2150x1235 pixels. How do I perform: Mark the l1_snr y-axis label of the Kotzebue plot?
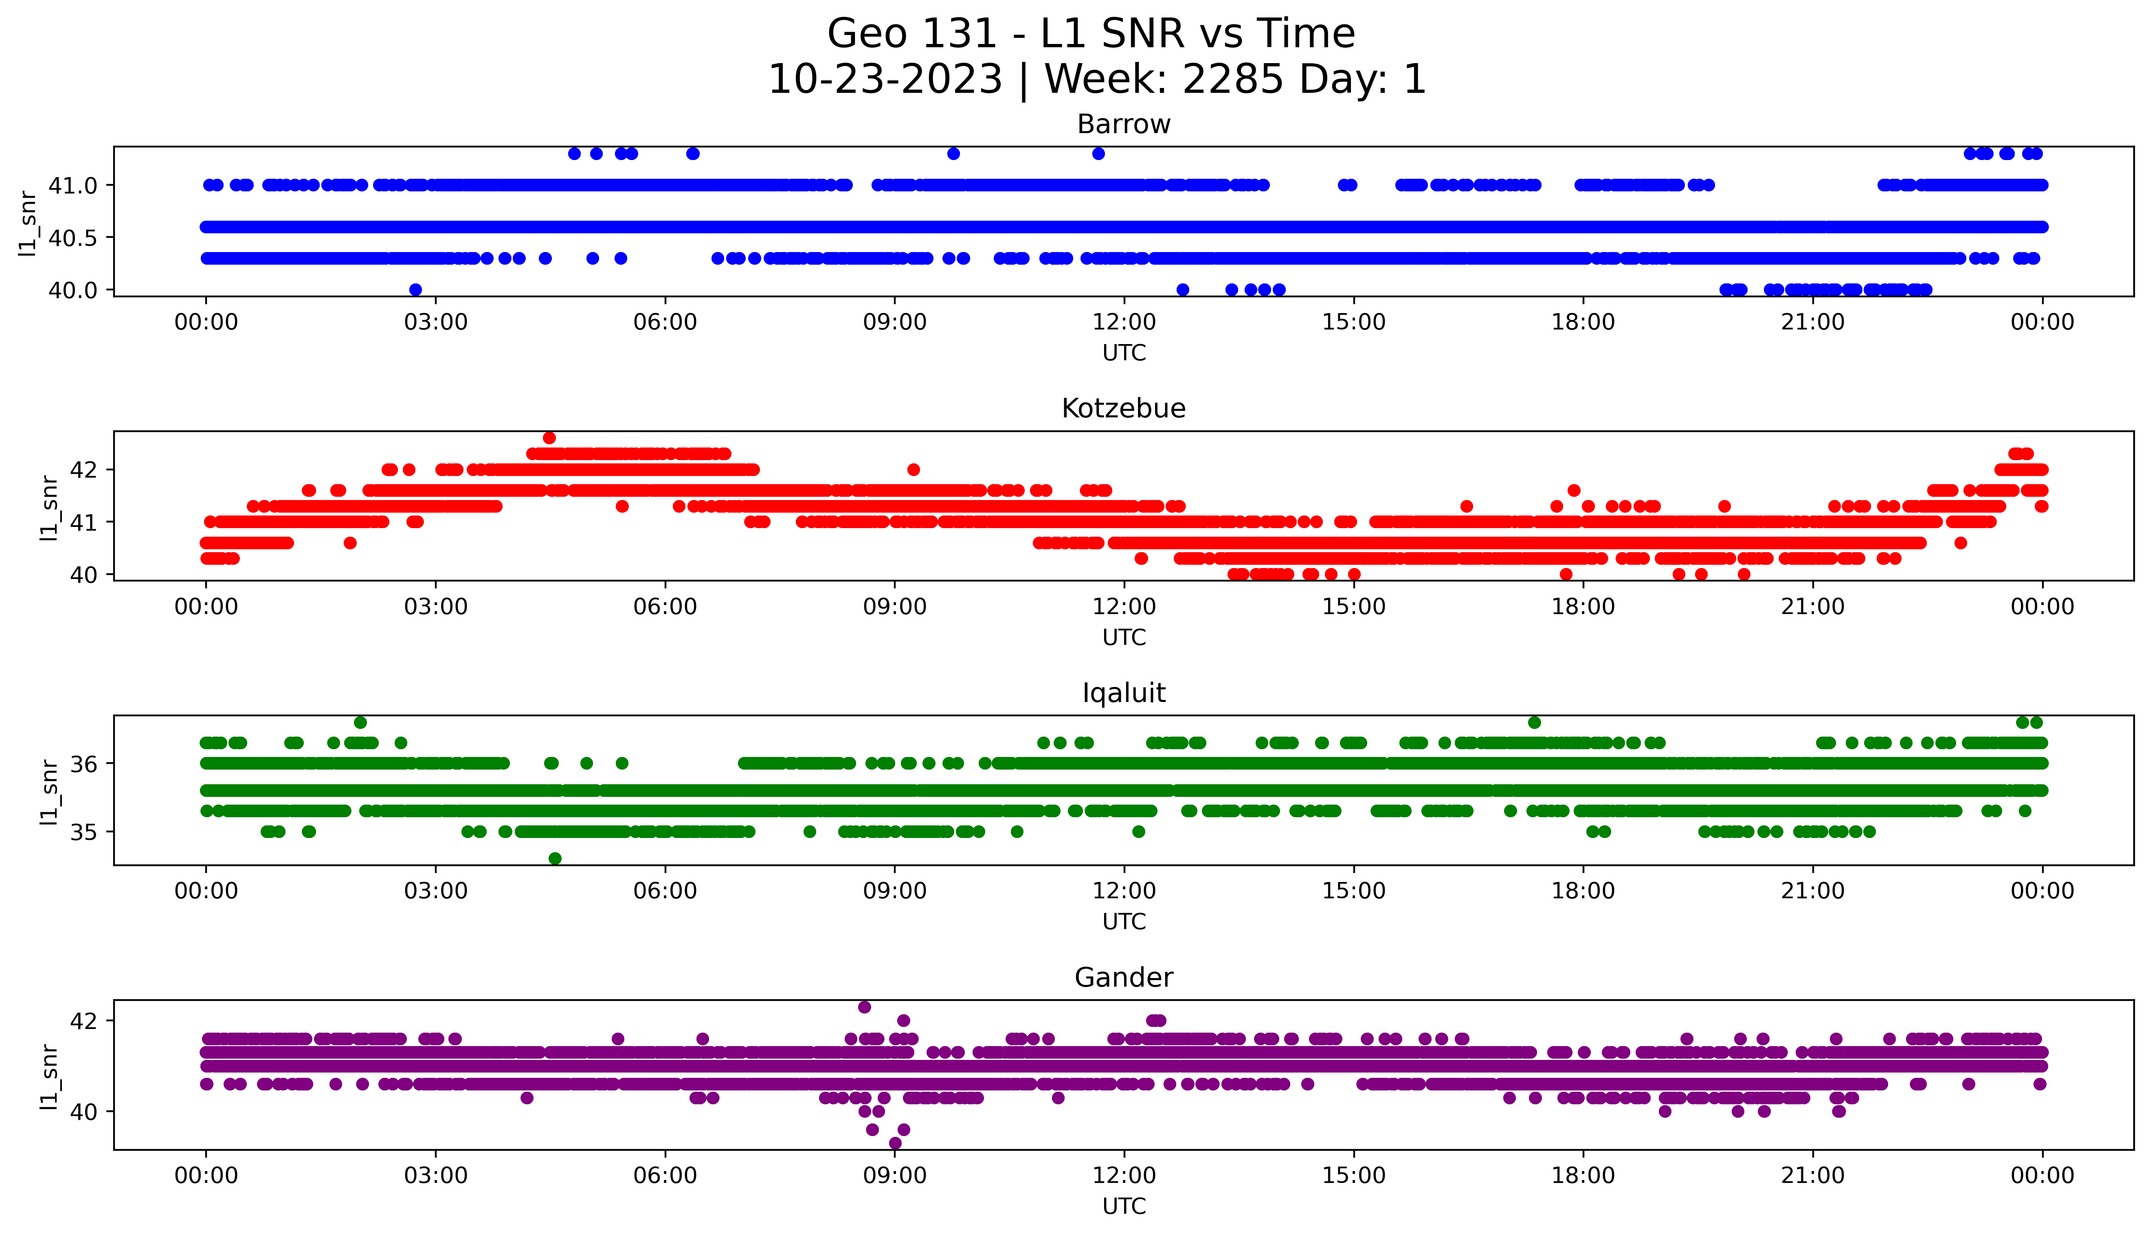tap(49, 507)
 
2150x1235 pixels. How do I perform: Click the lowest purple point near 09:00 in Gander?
tap(895, 1143)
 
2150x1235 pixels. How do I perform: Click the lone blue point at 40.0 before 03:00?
tap(415, 289)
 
